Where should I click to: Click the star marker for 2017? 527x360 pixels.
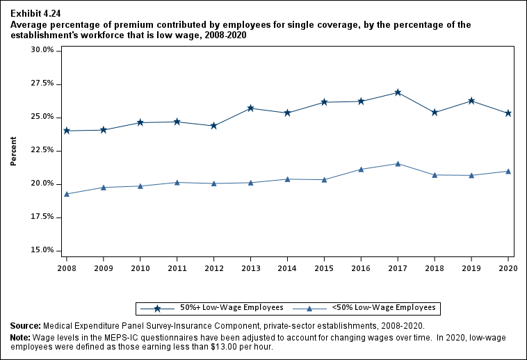click(398, 92)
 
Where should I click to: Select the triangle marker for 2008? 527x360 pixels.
click(67, 194)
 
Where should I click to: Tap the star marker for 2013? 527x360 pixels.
click(250, 108)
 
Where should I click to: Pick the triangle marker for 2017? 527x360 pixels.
click(398, 164)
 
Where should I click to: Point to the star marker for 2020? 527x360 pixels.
click(508, 113)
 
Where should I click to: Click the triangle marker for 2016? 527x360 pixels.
click(361, 170)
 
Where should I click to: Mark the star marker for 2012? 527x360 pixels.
click(214, 126)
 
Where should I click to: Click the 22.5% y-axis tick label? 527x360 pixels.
click(42, 150)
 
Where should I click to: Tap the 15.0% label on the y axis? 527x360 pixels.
click(42, 250)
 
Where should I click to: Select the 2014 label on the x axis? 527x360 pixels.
click(287, 268)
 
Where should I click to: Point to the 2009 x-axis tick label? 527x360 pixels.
click(104, 268)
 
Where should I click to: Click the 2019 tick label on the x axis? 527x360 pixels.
click(471, 268)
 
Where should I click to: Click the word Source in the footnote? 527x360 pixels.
click(25, 326)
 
